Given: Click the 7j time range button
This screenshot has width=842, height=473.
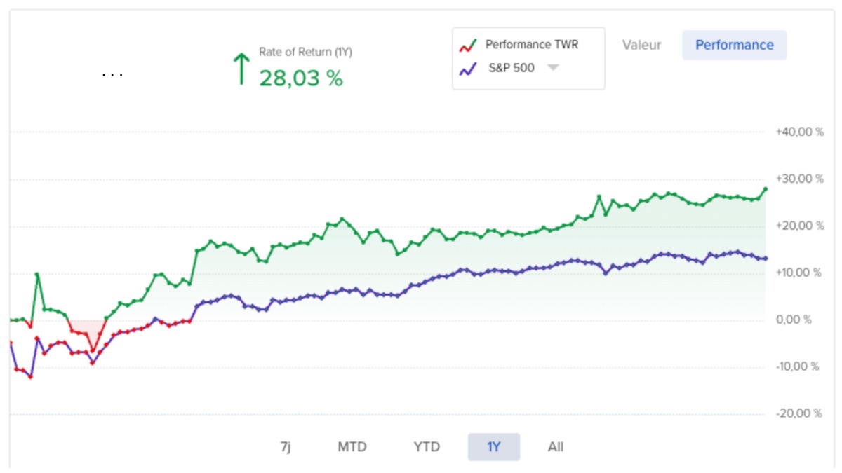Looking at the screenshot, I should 285,447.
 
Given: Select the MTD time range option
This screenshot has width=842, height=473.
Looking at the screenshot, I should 352,447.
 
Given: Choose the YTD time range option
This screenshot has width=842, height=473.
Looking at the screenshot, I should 427,447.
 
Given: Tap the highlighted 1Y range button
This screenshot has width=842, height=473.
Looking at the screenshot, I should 494,447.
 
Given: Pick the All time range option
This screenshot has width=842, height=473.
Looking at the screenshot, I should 556,447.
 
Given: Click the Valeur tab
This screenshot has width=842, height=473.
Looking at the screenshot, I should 641,45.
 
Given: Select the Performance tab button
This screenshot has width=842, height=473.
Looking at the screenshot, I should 734,45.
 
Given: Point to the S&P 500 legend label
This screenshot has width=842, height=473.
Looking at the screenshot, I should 511,68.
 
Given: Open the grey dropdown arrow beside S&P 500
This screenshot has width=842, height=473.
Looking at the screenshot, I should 553,68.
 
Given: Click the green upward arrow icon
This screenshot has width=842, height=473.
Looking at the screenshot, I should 241,69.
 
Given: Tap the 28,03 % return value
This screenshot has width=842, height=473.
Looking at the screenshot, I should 301,78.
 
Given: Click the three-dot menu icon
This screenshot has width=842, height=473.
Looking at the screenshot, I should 112,74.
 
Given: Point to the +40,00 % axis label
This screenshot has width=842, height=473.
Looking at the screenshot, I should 799,132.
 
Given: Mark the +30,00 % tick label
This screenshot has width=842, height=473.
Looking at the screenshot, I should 799,179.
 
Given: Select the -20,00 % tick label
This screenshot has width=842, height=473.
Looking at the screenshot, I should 799,413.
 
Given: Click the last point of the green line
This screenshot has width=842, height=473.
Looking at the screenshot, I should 765,189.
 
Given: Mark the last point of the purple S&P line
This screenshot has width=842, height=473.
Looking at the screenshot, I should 765,259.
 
